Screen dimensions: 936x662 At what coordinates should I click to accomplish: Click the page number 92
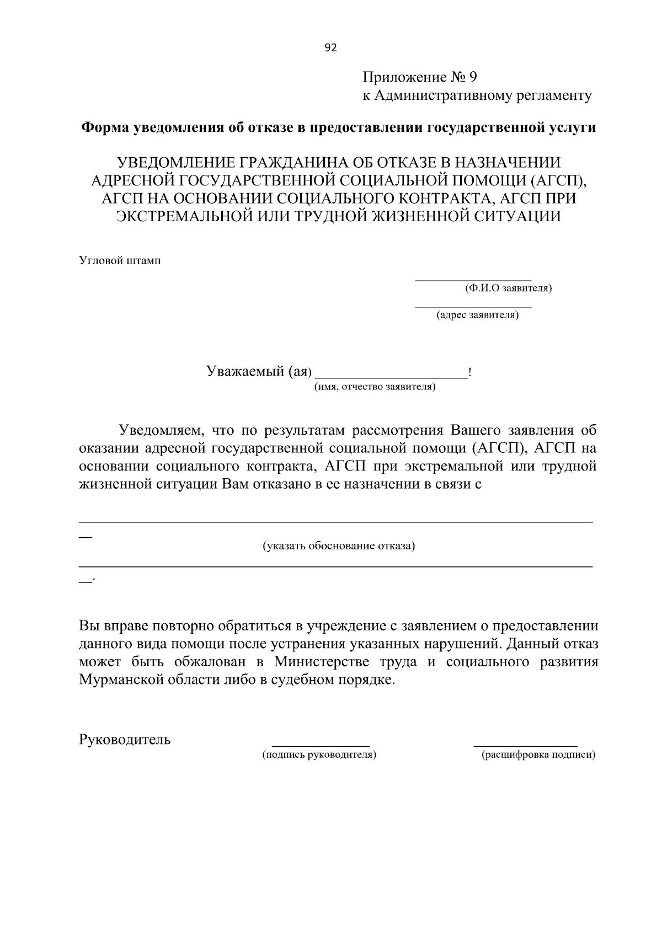click(330, 47)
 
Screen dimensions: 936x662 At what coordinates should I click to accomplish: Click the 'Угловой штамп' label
click(120, 260)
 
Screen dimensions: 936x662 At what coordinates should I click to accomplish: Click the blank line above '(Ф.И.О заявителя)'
click(473, 280)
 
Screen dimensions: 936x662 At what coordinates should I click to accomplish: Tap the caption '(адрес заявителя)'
click(477, 315)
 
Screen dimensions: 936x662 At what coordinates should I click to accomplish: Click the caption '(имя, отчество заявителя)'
click(375, 387)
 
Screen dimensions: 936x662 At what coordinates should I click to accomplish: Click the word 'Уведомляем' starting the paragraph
click(157, 430)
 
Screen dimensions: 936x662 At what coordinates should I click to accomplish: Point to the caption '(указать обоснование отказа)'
click(338, 546)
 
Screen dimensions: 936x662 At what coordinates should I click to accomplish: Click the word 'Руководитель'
click(125, 740)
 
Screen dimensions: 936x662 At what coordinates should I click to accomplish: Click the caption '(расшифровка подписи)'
click(538, 755)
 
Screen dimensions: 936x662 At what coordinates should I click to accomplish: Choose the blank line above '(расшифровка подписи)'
click(525, 745)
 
